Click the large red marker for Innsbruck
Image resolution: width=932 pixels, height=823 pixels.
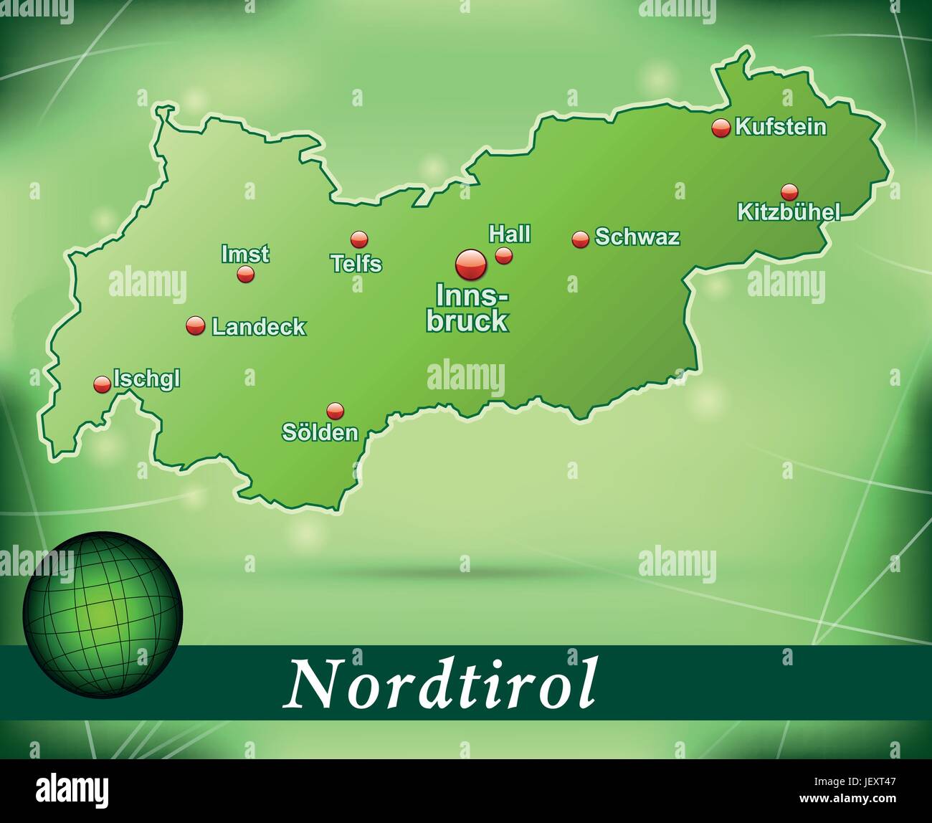pos(471,265)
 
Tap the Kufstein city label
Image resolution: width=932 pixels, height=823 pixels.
pos(781,128)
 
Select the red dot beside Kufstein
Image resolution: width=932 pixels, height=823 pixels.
pos(721,128)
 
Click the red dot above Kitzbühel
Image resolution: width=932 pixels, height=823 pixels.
pos(789,191)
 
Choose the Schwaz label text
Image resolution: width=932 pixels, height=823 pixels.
pos(637,237)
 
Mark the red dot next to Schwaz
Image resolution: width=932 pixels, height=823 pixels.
pos(580,239)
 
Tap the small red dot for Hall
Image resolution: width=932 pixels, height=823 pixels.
pos(504,256)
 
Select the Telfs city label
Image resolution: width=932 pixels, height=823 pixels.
pos(356,264)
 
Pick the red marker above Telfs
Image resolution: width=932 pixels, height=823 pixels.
pos(358,239)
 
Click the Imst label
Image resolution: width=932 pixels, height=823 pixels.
pos(245,254)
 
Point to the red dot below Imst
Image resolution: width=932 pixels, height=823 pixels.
pos(246,274)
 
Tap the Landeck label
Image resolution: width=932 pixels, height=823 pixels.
pos(259,328)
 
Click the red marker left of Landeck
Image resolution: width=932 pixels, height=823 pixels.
pos(195,326)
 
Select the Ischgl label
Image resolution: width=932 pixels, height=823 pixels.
pos(147,379)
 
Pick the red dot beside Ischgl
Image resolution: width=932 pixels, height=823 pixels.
pos(103,384)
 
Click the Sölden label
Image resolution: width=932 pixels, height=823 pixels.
pos(320,432)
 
